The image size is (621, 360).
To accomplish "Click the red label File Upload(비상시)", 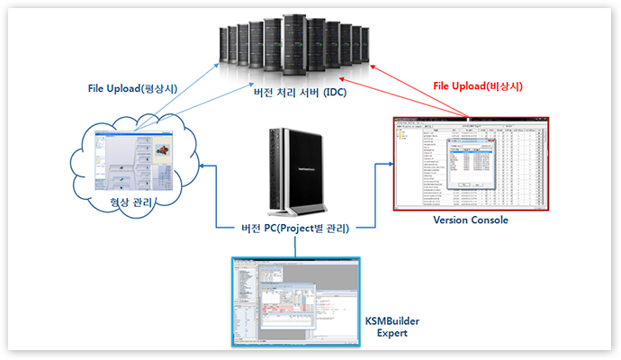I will pyautogui.click(x=478, y=86).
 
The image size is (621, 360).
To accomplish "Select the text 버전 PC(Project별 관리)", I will pyautogui.click(x=298, y=226).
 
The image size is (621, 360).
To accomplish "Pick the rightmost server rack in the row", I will pyautogui.click(x=364, y=43).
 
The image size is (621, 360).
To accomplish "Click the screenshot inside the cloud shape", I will pyautogui.click(x=139, y=161).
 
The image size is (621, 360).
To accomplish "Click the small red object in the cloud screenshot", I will pyautogui.click(x=165, y=148).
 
